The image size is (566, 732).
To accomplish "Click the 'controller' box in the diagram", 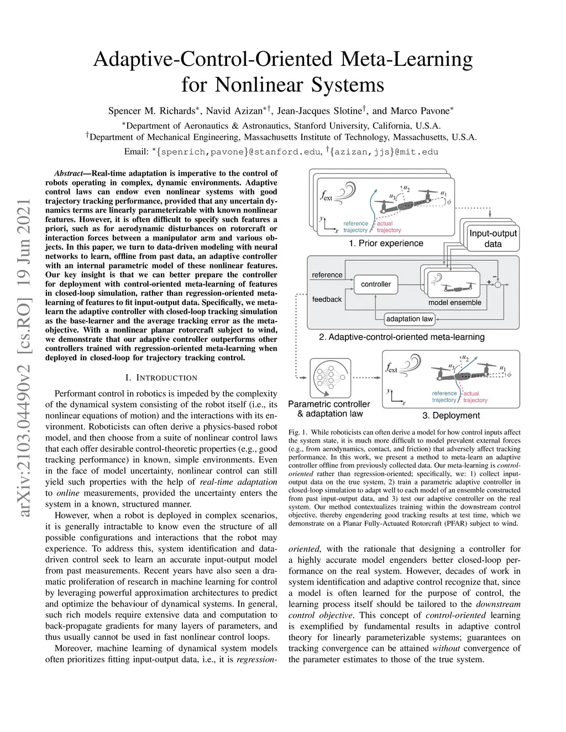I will (x=376, y=284).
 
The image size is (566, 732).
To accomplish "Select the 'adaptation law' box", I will (x=410, y=319).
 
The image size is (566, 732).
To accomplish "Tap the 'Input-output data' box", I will (x=492, y=238).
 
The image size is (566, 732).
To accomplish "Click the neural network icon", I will (x=331, y=378).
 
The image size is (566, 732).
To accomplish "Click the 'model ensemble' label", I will (x=454, y=303).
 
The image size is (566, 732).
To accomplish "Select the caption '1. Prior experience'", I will (x=386, y=244).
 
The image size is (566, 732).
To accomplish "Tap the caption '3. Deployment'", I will (x=451, y=415).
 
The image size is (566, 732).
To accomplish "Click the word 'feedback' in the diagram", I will (x=327, y=299).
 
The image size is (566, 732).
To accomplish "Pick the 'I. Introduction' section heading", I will (x=161, y=378).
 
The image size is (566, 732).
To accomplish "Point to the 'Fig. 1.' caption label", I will (x=297, y=432).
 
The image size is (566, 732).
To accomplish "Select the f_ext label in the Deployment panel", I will (x=391, y=368).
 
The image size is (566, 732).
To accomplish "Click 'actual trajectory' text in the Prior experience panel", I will (x=389, y=227).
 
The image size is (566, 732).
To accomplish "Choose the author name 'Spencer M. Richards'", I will (x=150, y=110).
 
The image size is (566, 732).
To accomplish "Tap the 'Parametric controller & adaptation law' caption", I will (x=329, y=409).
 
